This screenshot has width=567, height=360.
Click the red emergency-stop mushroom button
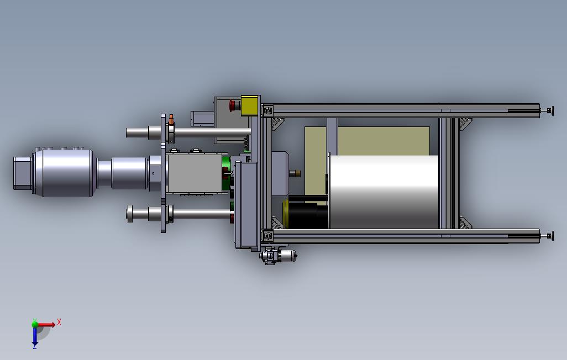[234, 105]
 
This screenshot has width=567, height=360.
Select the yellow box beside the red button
[249, 105]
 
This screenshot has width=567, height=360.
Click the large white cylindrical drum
[384, 192]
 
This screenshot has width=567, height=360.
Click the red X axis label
[59, 322]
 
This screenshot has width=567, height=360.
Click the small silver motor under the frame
[279, 256]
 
